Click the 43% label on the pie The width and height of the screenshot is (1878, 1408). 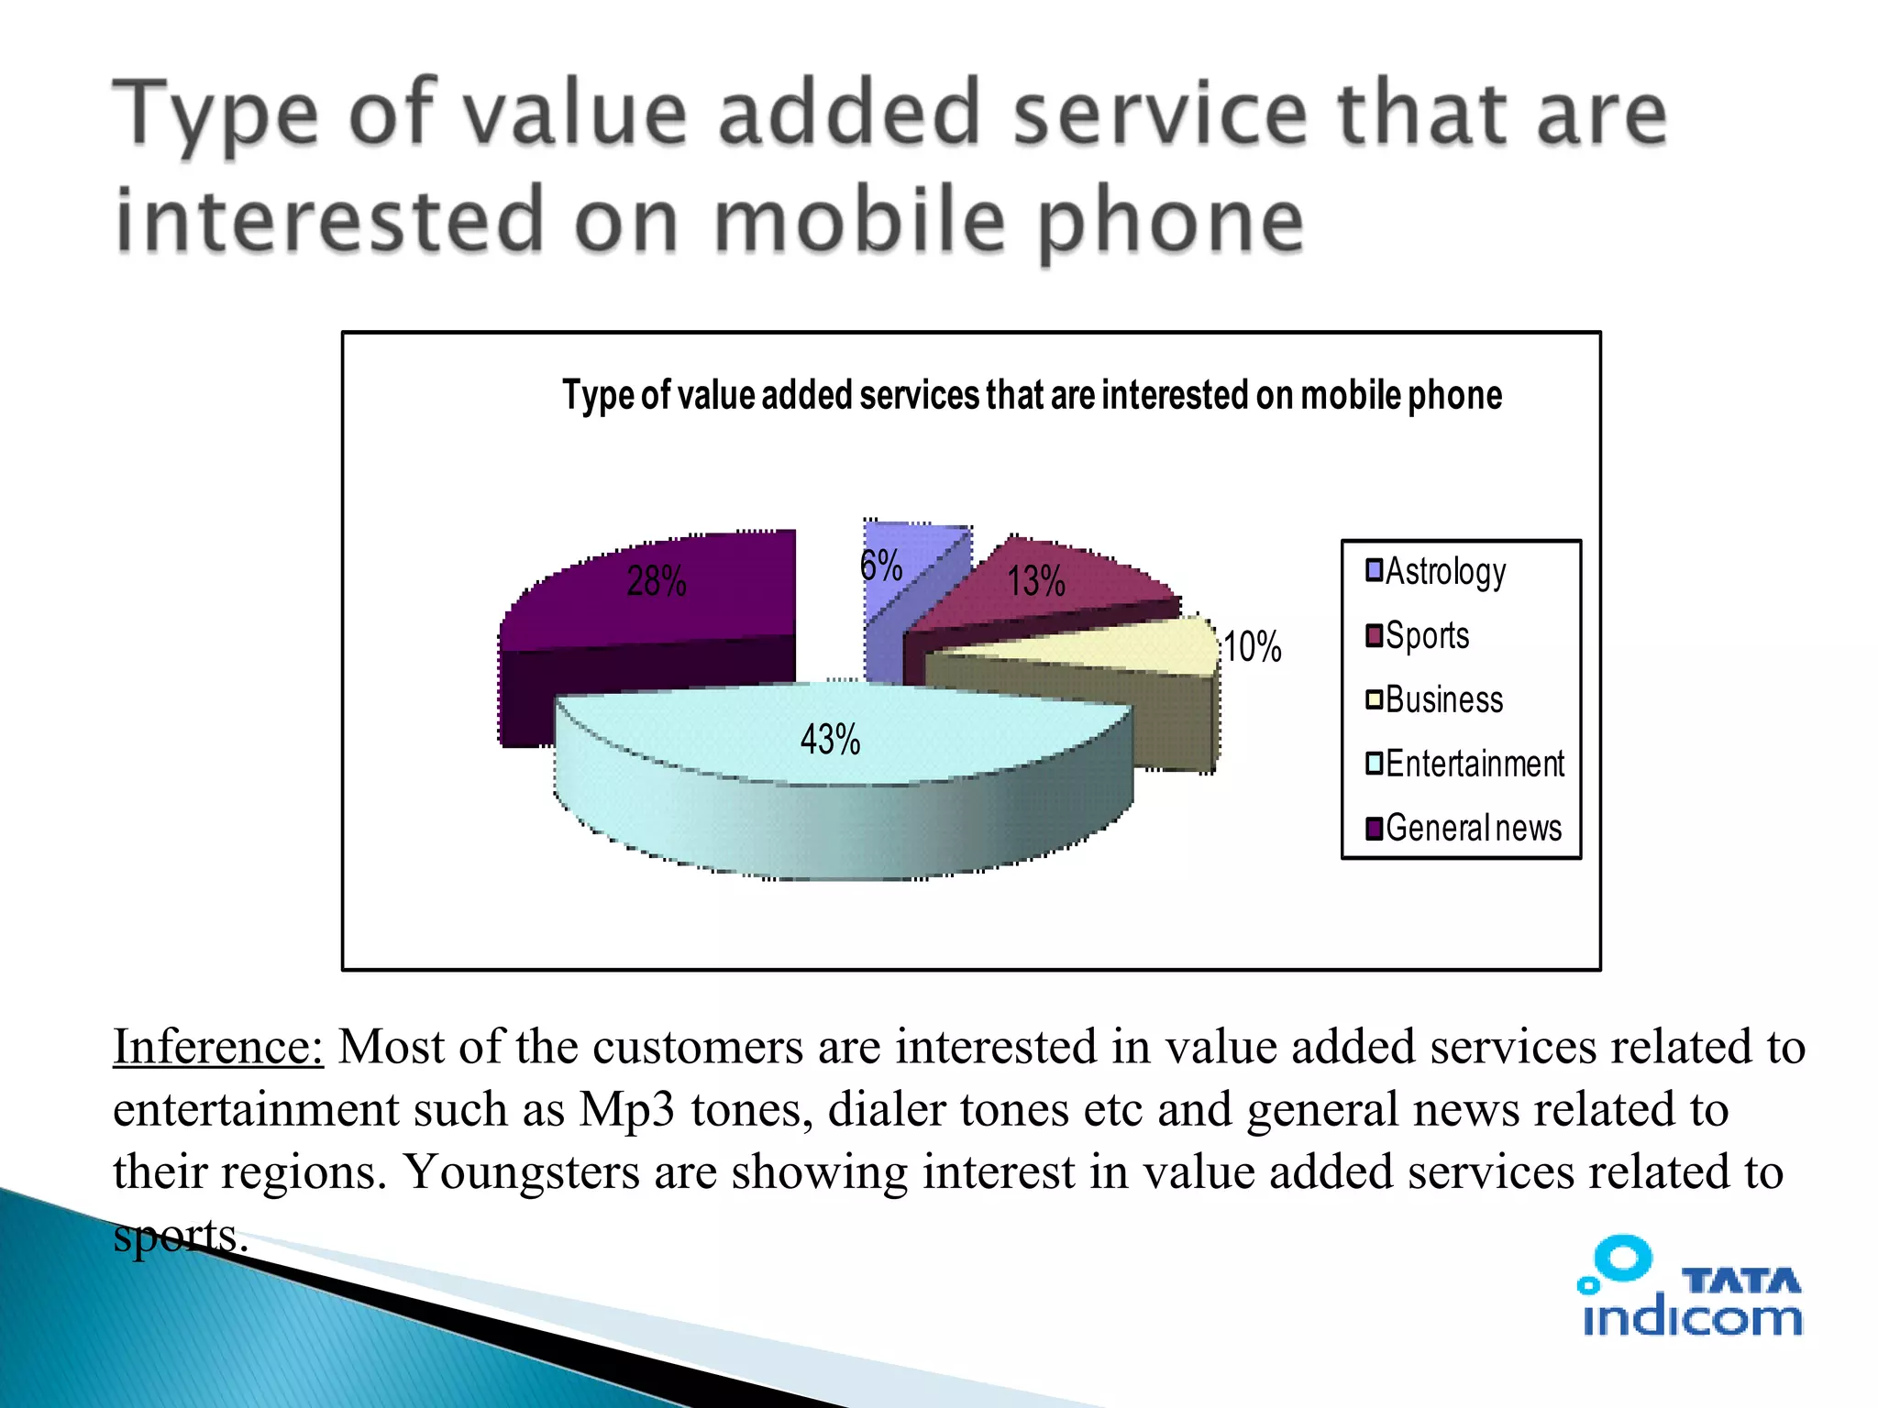click(830, 739)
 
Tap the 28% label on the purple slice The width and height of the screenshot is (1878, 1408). click(656, 581)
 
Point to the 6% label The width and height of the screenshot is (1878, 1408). click(881, 566)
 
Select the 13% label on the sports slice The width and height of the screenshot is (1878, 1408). click(1036, 581)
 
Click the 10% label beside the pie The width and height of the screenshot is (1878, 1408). click(1253, 647)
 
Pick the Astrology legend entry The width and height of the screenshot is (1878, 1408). click(1444, 571)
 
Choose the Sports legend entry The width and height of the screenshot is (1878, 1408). click(1426, 635)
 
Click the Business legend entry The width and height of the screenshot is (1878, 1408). click(1443, 699)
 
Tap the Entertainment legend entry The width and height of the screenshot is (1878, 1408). click(1474, 764)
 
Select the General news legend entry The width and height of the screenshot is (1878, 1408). click(1473, 828)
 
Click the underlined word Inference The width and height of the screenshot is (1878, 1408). click(218, 1047)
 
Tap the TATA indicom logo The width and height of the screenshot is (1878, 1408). click(1690, 1288)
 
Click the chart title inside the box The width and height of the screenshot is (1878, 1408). click(1032, 396)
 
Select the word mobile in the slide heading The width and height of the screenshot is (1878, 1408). click(860, 222)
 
